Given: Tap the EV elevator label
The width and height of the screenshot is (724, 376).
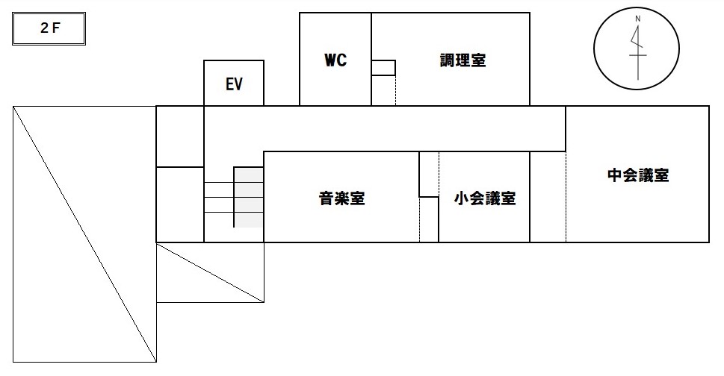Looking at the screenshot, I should pyautogui.click(x=234, y=84).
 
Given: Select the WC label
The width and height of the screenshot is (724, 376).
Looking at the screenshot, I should pyautogui.click(x=335, y=60).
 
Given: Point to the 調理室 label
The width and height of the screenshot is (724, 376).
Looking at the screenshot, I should pyautogui.click(x=462, y=60).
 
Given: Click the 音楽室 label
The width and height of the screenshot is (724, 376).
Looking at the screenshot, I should pyautogui.click(x=341, y=198).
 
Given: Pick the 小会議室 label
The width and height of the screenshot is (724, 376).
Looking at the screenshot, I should pyautogui.click(x=485, y=198).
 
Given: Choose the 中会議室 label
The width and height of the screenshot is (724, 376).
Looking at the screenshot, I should pyautogui.click(x=637, y=176).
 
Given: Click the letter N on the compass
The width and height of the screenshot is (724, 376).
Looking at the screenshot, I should pyautogui.click(x=637, y=18).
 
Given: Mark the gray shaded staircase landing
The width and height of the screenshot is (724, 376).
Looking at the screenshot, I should pyautogui.click(x=249, y=197).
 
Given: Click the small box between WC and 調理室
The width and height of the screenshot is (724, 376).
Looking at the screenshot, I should pyautogui.click(x=383, y=68).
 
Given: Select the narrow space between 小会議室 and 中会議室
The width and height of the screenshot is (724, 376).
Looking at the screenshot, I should pyautogui.click(x=548, y=197).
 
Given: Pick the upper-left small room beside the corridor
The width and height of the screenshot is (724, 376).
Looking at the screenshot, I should pyautogui.click(x=179, y=137).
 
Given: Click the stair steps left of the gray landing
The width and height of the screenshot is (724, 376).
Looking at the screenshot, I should pyautogui.click(x=219, y=197).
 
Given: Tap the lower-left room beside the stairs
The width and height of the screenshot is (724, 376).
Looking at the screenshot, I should pyautogui.click(x=179, y=204).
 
